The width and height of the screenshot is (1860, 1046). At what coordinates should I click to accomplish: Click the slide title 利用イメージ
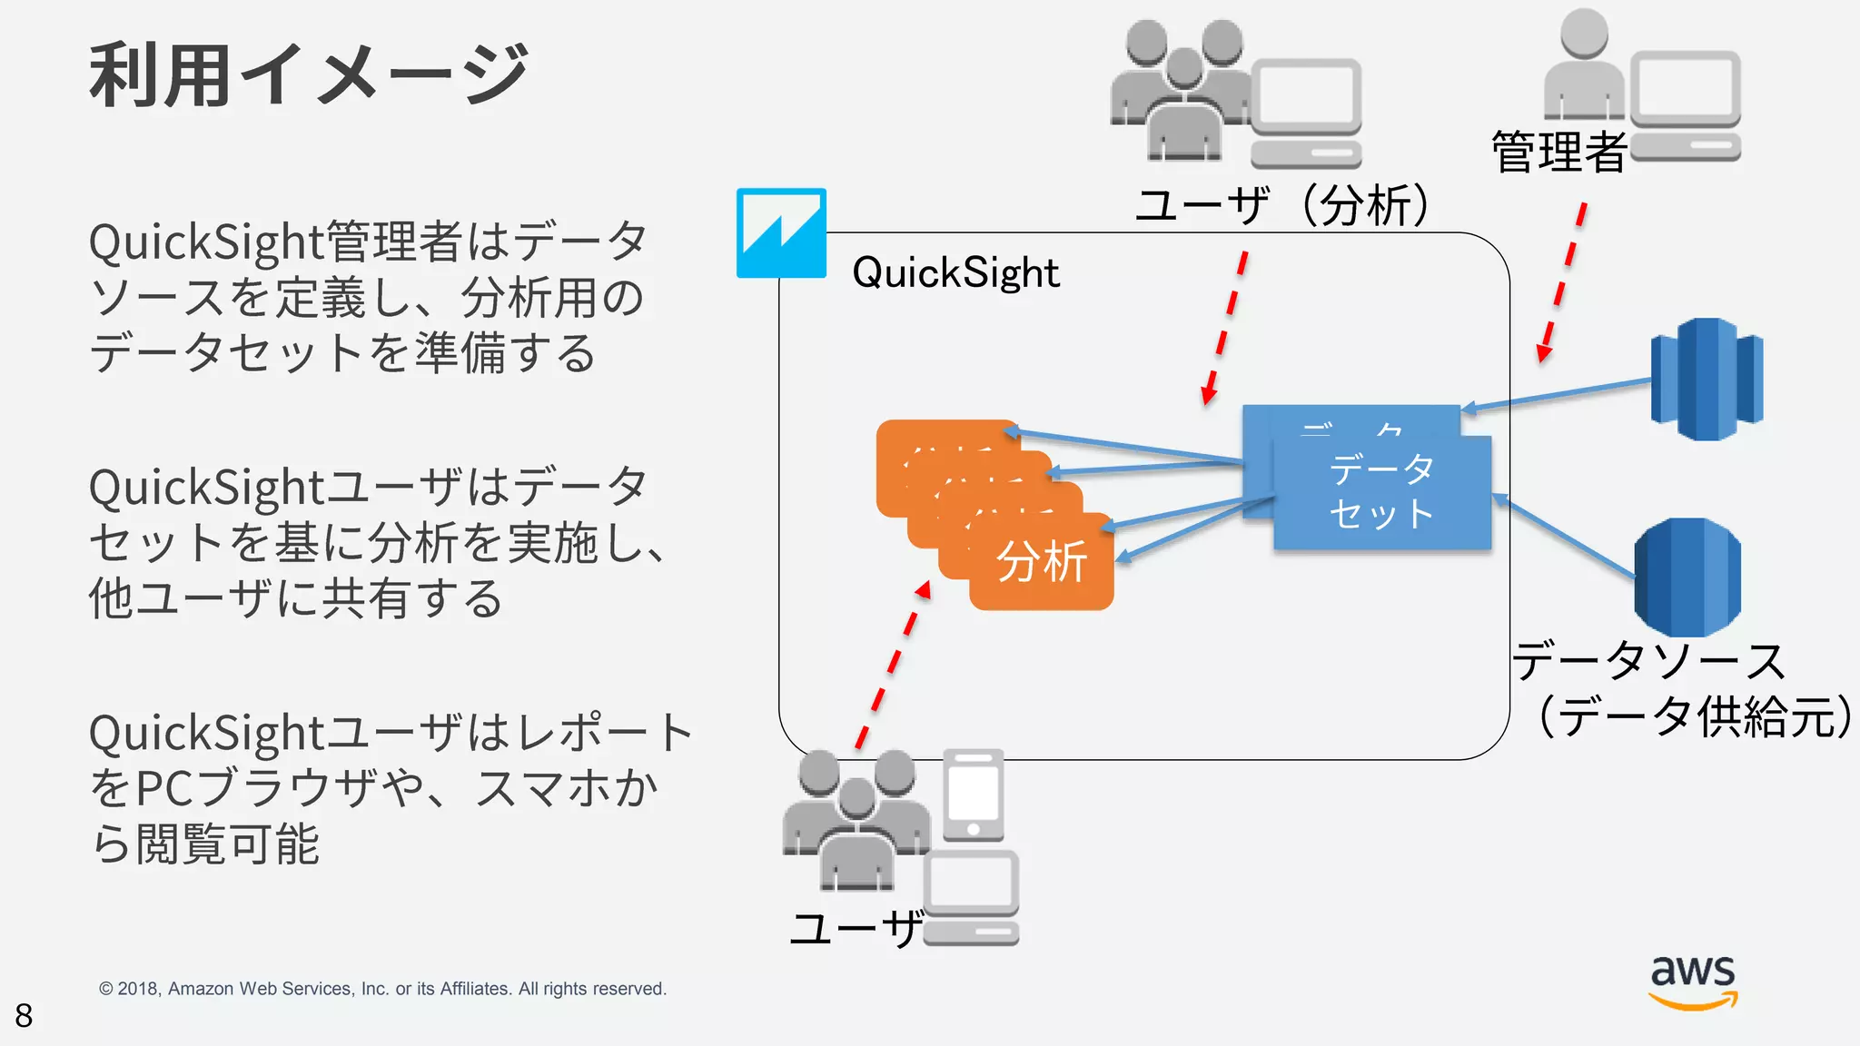(x=309, y=74)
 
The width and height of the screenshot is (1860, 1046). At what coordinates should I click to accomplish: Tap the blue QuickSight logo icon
(x=781, y=232)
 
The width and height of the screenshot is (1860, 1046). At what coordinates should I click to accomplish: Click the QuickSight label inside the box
(x=955, y=272)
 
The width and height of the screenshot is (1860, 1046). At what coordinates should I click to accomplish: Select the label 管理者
(x=1558, y=153)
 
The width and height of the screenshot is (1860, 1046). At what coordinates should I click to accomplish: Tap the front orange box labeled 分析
(x=1042, y=562)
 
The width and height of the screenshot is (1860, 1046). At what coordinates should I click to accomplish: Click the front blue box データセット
(x=1381, y=493)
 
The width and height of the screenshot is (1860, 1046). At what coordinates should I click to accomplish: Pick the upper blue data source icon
(x=1707, y=379)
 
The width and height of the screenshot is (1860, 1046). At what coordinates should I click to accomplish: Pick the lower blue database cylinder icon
(x=1687, y=577)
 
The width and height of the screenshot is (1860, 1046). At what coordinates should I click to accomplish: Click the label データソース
(x=1648, y=661)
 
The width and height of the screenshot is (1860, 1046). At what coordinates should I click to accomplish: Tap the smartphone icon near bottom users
(x=973, y=795)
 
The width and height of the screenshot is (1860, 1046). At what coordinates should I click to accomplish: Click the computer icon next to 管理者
(x=1686, y=105)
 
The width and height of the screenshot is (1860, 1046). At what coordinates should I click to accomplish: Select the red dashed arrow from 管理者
(x=1563, y=281)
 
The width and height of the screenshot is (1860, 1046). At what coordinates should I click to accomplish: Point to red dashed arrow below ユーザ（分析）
(x=1225, y=327)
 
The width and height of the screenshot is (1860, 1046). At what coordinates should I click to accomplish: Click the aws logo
(x=1693, y=981)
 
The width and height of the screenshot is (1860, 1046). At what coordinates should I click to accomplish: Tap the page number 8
(x=24, y=1015)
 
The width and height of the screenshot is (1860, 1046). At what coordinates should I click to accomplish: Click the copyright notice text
(x=382, y=989)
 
